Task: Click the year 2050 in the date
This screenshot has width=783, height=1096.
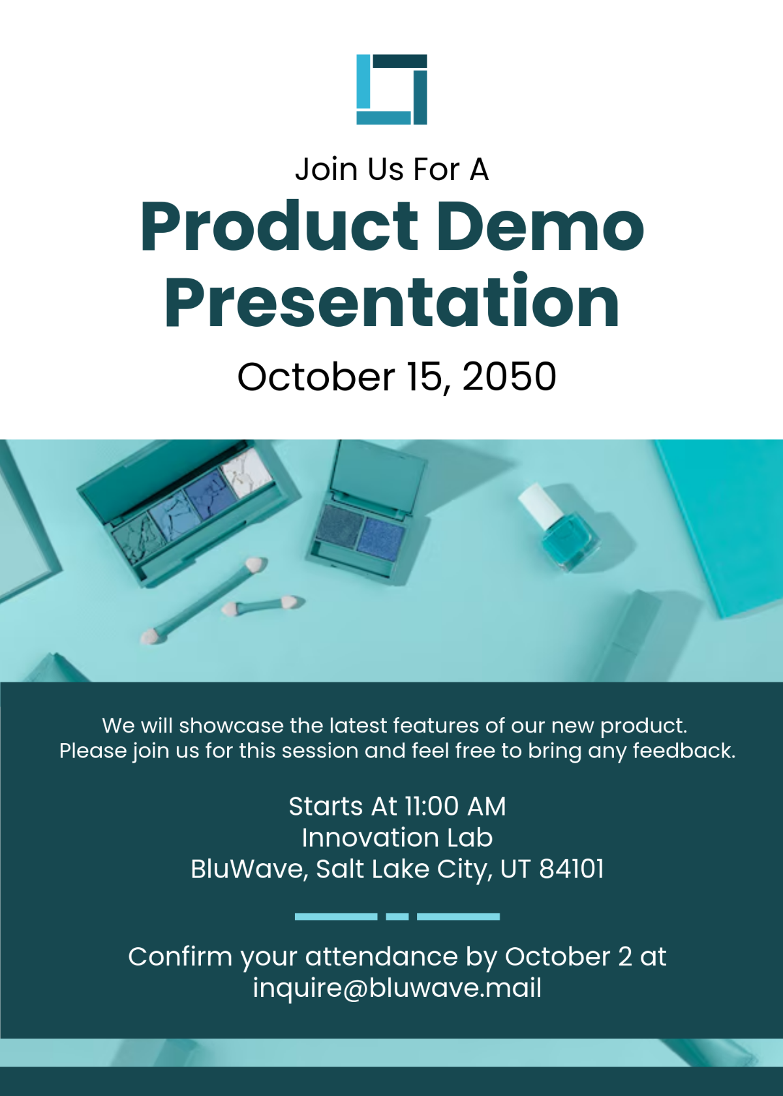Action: coord(509,377)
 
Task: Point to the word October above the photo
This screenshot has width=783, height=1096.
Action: coord(316,377)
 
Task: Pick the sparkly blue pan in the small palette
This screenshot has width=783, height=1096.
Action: coord(382,535)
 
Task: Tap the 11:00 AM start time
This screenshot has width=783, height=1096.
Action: coord(455,806)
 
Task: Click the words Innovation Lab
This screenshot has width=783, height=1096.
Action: coord(397,838)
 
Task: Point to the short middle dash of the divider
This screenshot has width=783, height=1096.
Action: coord(397,917)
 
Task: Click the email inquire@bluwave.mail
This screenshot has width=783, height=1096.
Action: coord(397,988)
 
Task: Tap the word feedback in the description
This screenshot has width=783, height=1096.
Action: coord(684,750)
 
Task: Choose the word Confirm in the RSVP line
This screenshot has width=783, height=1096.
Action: coord(180,956)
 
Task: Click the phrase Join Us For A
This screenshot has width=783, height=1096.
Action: coord(392,170)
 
